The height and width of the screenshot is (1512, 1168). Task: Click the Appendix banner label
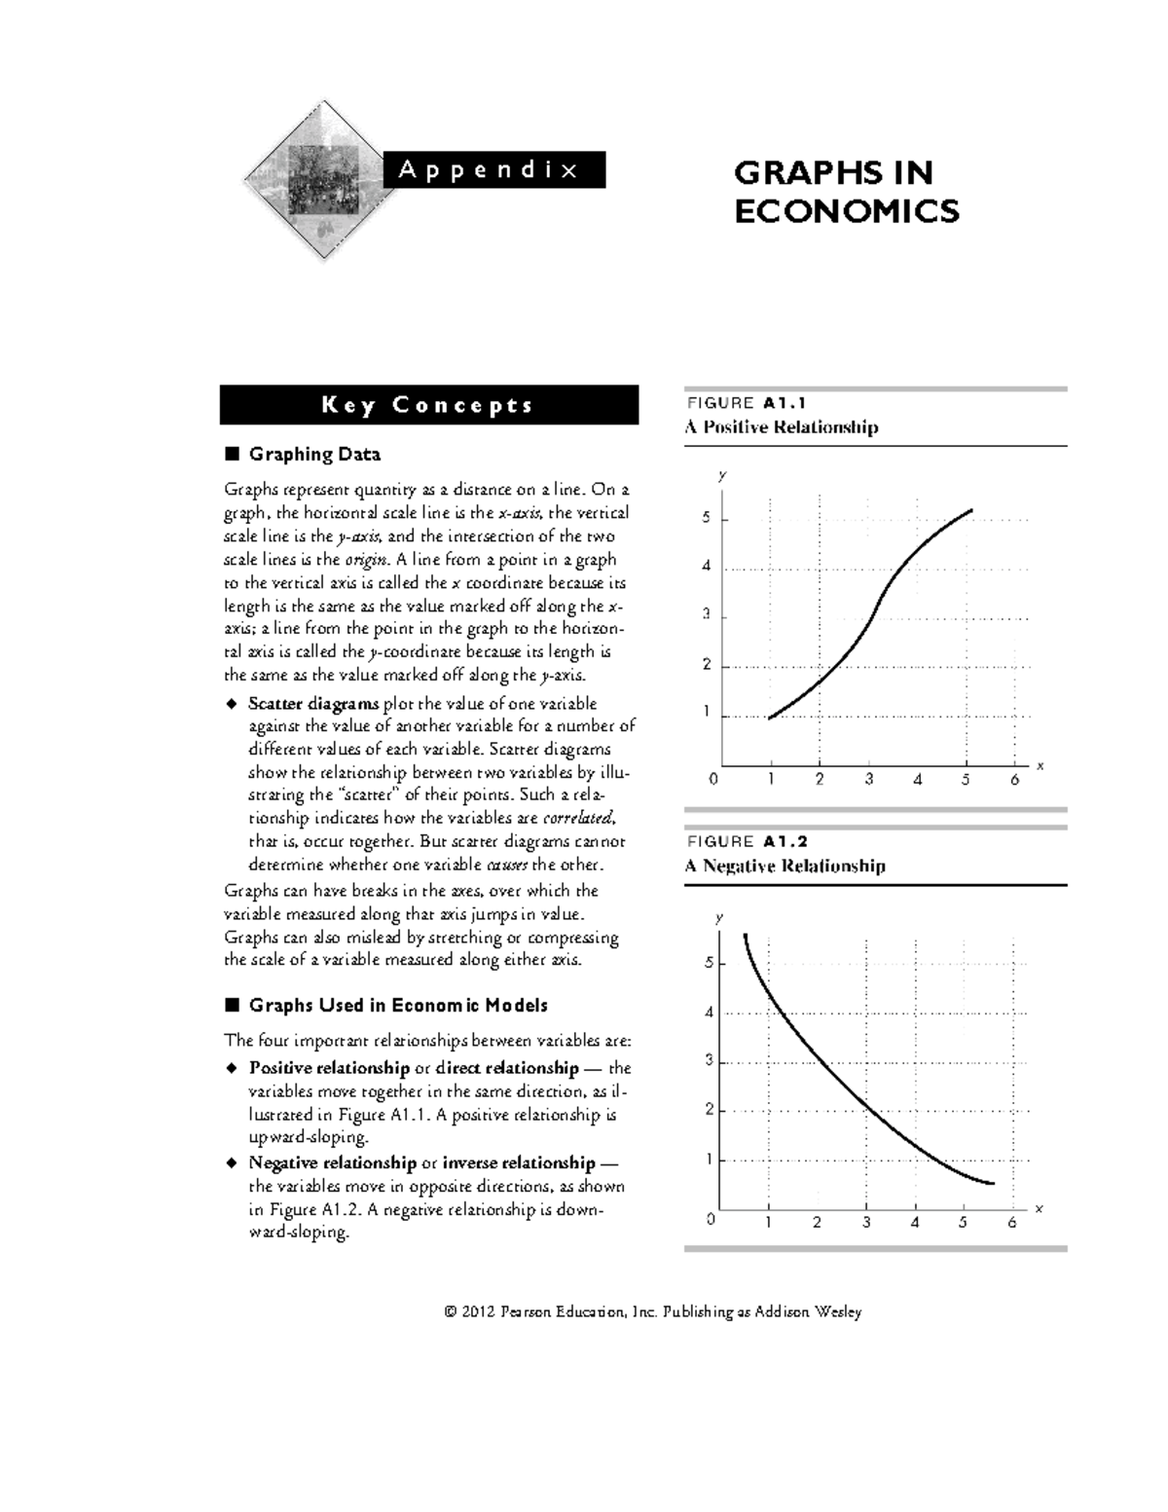[488, 169]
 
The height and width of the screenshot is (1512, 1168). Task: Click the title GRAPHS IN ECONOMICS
[846, 192]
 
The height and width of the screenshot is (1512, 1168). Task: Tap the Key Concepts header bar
[428, 405]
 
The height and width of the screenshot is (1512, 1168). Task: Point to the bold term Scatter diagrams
[313, 703]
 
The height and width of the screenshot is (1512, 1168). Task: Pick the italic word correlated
[578, 818]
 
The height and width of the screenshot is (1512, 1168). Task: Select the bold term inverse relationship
[518, 1162]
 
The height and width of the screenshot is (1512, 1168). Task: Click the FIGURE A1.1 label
[747, 403]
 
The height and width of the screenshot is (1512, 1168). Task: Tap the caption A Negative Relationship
[785, 866]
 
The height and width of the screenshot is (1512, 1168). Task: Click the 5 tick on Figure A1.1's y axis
[707, 519]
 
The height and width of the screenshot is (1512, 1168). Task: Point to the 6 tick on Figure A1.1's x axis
[1014, 779]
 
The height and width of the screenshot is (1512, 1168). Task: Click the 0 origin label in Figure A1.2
[712, 1219]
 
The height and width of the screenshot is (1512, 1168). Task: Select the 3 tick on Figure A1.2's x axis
[865, 1223]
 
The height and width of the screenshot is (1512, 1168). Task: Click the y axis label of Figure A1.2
[719, 917]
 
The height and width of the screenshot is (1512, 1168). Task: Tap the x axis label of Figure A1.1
[1040, 766]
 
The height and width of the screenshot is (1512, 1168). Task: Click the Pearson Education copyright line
[652, 1311]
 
